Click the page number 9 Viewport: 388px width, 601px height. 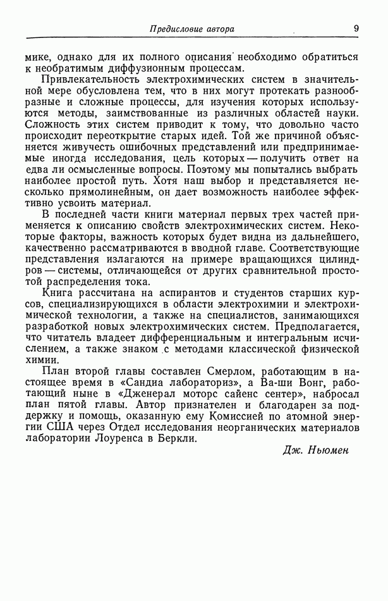coord(356,28)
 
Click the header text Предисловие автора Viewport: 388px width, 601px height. coord(191,28)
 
